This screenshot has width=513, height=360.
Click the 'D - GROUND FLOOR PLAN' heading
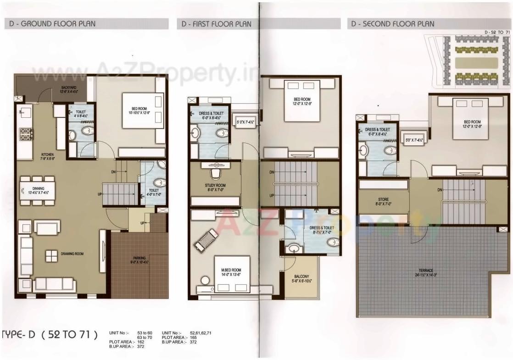[53, 24]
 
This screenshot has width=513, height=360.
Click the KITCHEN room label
[48, 156]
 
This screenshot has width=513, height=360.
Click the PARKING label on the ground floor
[139, 260]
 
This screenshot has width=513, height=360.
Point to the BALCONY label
[301, 279]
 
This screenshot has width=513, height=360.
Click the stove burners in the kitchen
[26, 134]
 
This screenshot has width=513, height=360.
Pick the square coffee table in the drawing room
[51, 256]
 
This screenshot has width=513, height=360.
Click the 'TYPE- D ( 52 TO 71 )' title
[50, 335]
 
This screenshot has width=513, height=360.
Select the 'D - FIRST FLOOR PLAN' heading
[216, 24]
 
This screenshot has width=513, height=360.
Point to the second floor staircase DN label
[440, 190]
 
